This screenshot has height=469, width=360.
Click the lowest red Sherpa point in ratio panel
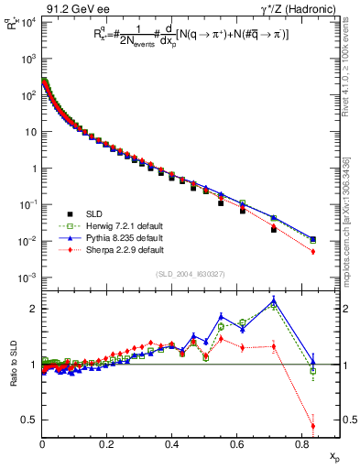[312, 426]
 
